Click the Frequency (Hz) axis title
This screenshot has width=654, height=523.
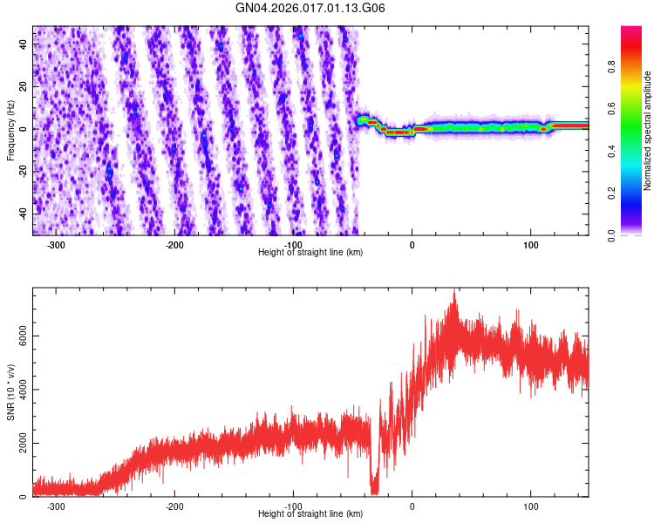click(11, 130)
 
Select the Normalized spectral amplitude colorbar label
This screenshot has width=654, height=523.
click(648, 131)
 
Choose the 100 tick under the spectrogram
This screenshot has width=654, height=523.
click(531, 245)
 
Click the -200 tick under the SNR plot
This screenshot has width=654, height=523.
click(175, 506)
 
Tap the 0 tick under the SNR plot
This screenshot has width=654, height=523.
click(412, 506)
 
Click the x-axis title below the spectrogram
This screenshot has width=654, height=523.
click(310, 252)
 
